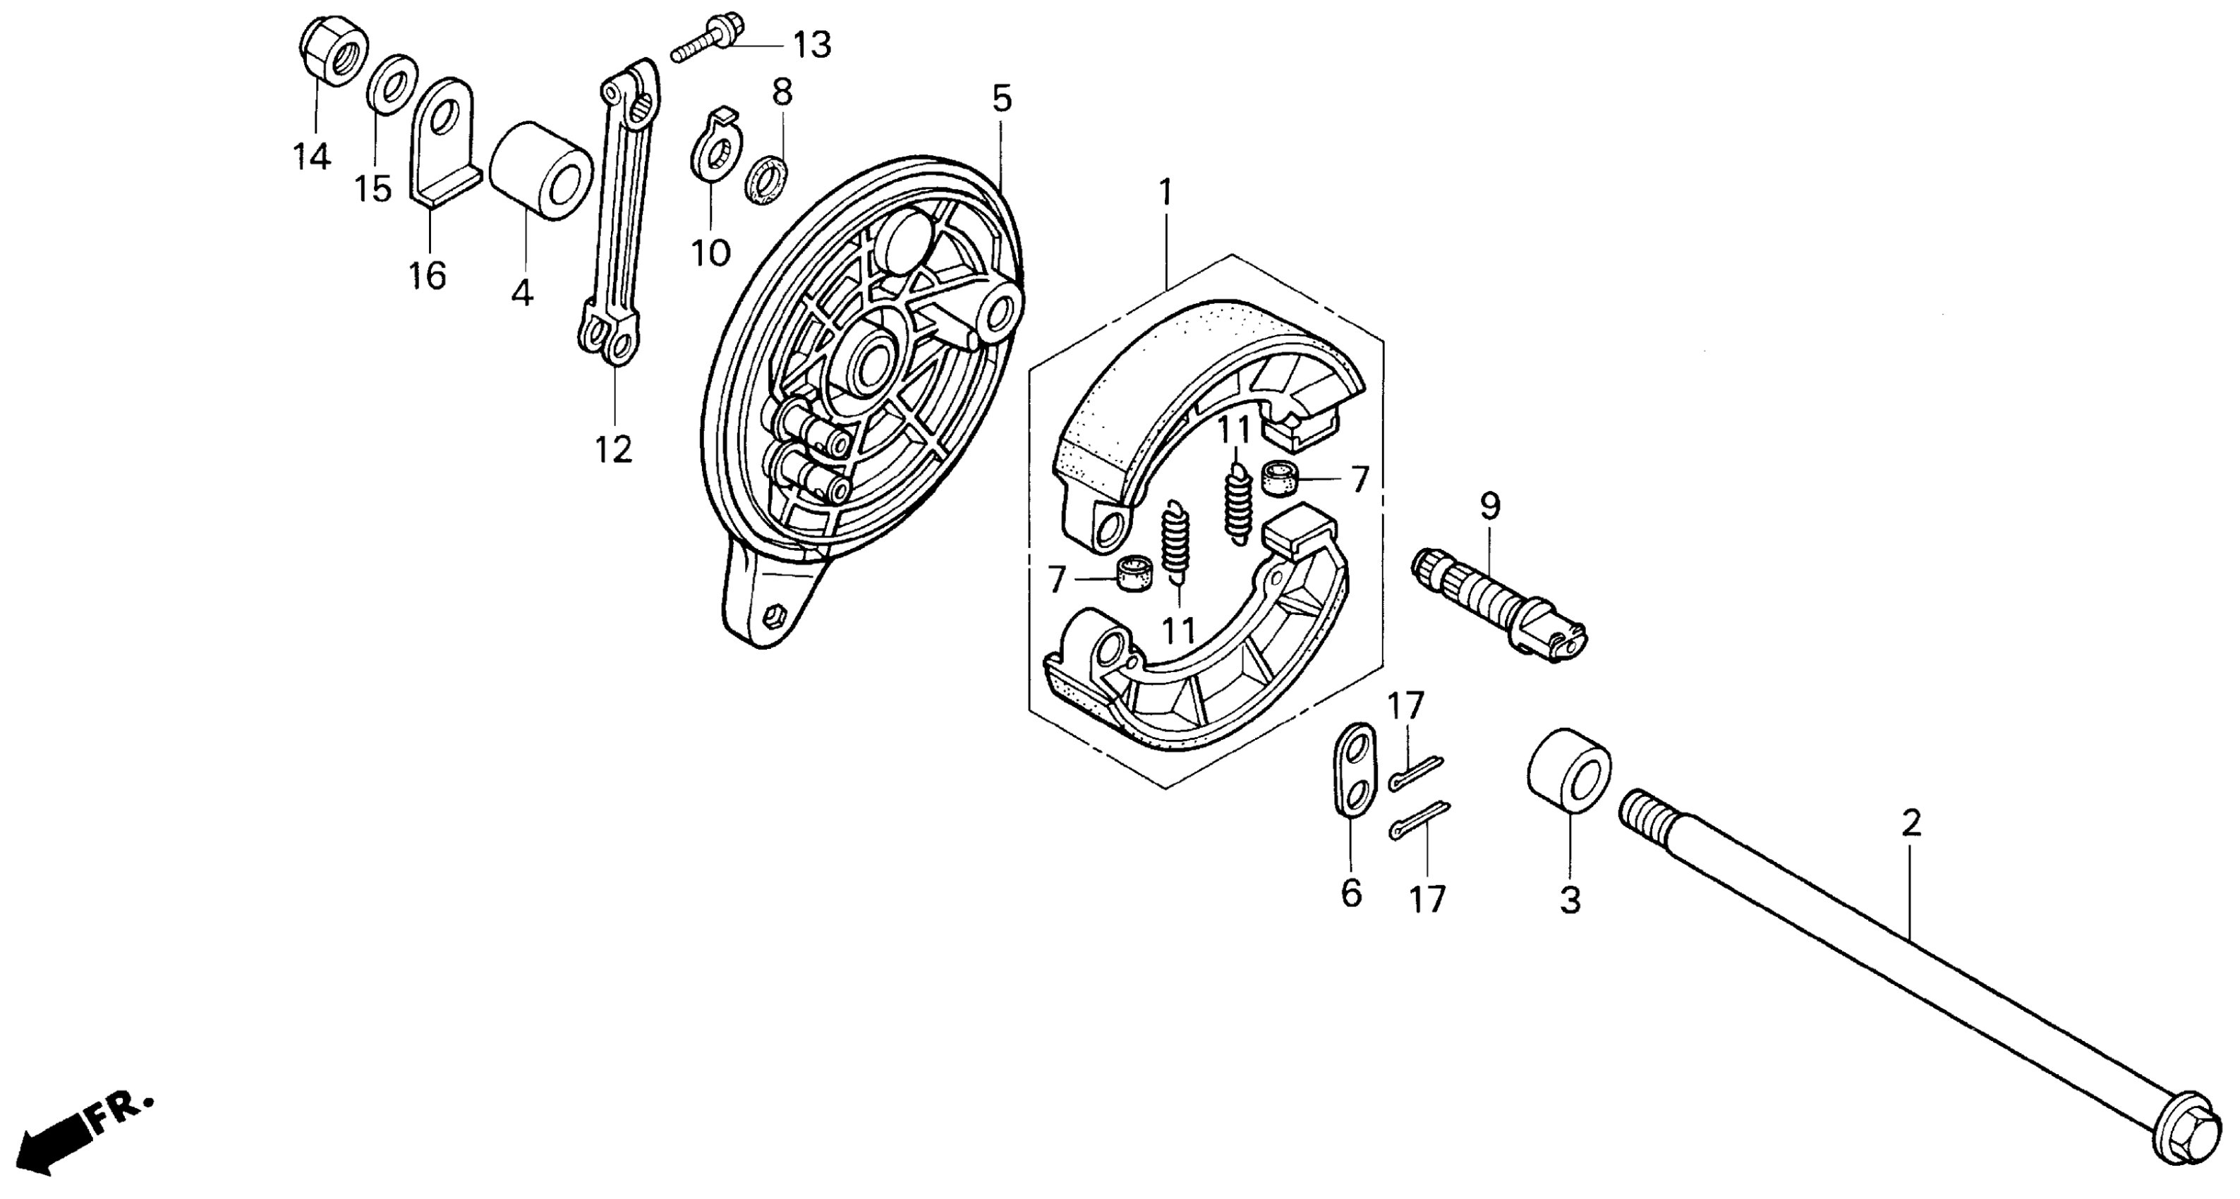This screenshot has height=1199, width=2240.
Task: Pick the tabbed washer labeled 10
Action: [x=715, y=150]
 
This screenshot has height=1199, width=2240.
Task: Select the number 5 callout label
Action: [x=1002, y=99]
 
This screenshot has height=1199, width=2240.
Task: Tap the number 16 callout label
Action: [x=427, y=276]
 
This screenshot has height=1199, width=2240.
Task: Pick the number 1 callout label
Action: [x=1166, y=192]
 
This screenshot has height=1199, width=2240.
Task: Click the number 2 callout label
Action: [x=1911, y=822]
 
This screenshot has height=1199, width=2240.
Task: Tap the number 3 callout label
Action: [x=1570, y=901]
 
